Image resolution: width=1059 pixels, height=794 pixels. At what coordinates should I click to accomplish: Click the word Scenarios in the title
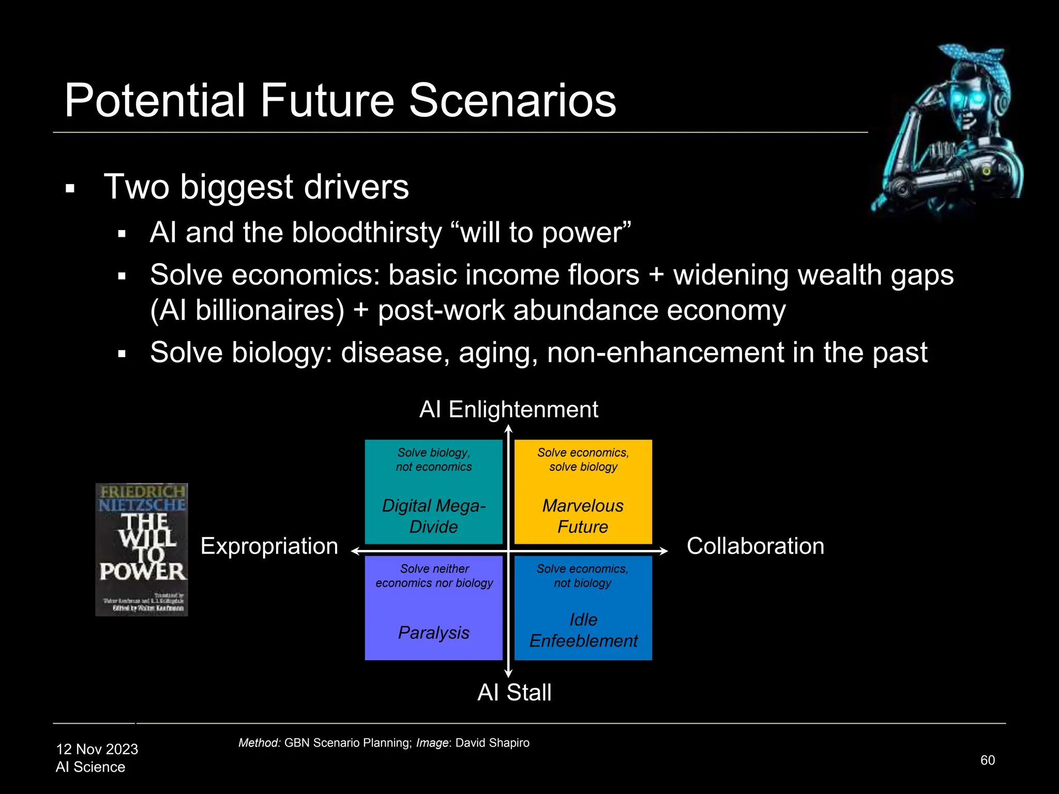tap(512, 100)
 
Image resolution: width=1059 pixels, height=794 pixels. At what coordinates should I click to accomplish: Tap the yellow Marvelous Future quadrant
tap(583, 492)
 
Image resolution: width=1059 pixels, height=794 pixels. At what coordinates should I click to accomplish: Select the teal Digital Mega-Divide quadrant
tap(433, 492)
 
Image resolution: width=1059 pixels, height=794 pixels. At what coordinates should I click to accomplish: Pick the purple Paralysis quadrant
tap(433, 608)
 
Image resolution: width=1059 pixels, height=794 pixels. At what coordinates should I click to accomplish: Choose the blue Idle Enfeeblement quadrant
tap(583, 608)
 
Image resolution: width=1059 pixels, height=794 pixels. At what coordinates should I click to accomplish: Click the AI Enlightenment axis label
tap(508, 409)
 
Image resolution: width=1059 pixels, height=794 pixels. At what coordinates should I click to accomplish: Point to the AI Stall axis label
tap(514, 693)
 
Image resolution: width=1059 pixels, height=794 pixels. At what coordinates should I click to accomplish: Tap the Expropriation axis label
tap(269, 546)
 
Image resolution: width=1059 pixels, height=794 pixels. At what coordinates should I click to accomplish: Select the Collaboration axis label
tap(755, 546)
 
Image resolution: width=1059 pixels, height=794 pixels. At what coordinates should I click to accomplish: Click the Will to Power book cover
tap(141, 549)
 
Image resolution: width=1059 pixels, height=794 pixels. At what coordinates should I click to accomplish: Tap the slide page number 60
tap(987, 760)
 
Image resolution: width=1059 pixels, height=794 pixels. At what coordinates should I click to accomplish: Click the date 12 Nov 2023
tap(97, 749)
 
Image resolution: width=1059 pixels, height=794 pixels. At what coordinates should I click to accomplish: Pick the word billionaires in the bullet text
tap(269, 311)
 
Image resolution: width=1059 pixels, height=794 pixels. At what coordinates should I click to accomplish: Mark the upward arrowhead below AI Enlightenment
tap(508, 429)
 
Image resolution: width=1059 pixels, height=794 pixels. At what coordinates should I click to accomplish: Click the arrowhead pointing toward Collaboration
tap(663, 551)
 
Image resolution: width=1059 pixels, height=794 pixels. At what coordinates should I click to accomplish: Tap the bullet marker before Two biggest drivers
tap(70, 189)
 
